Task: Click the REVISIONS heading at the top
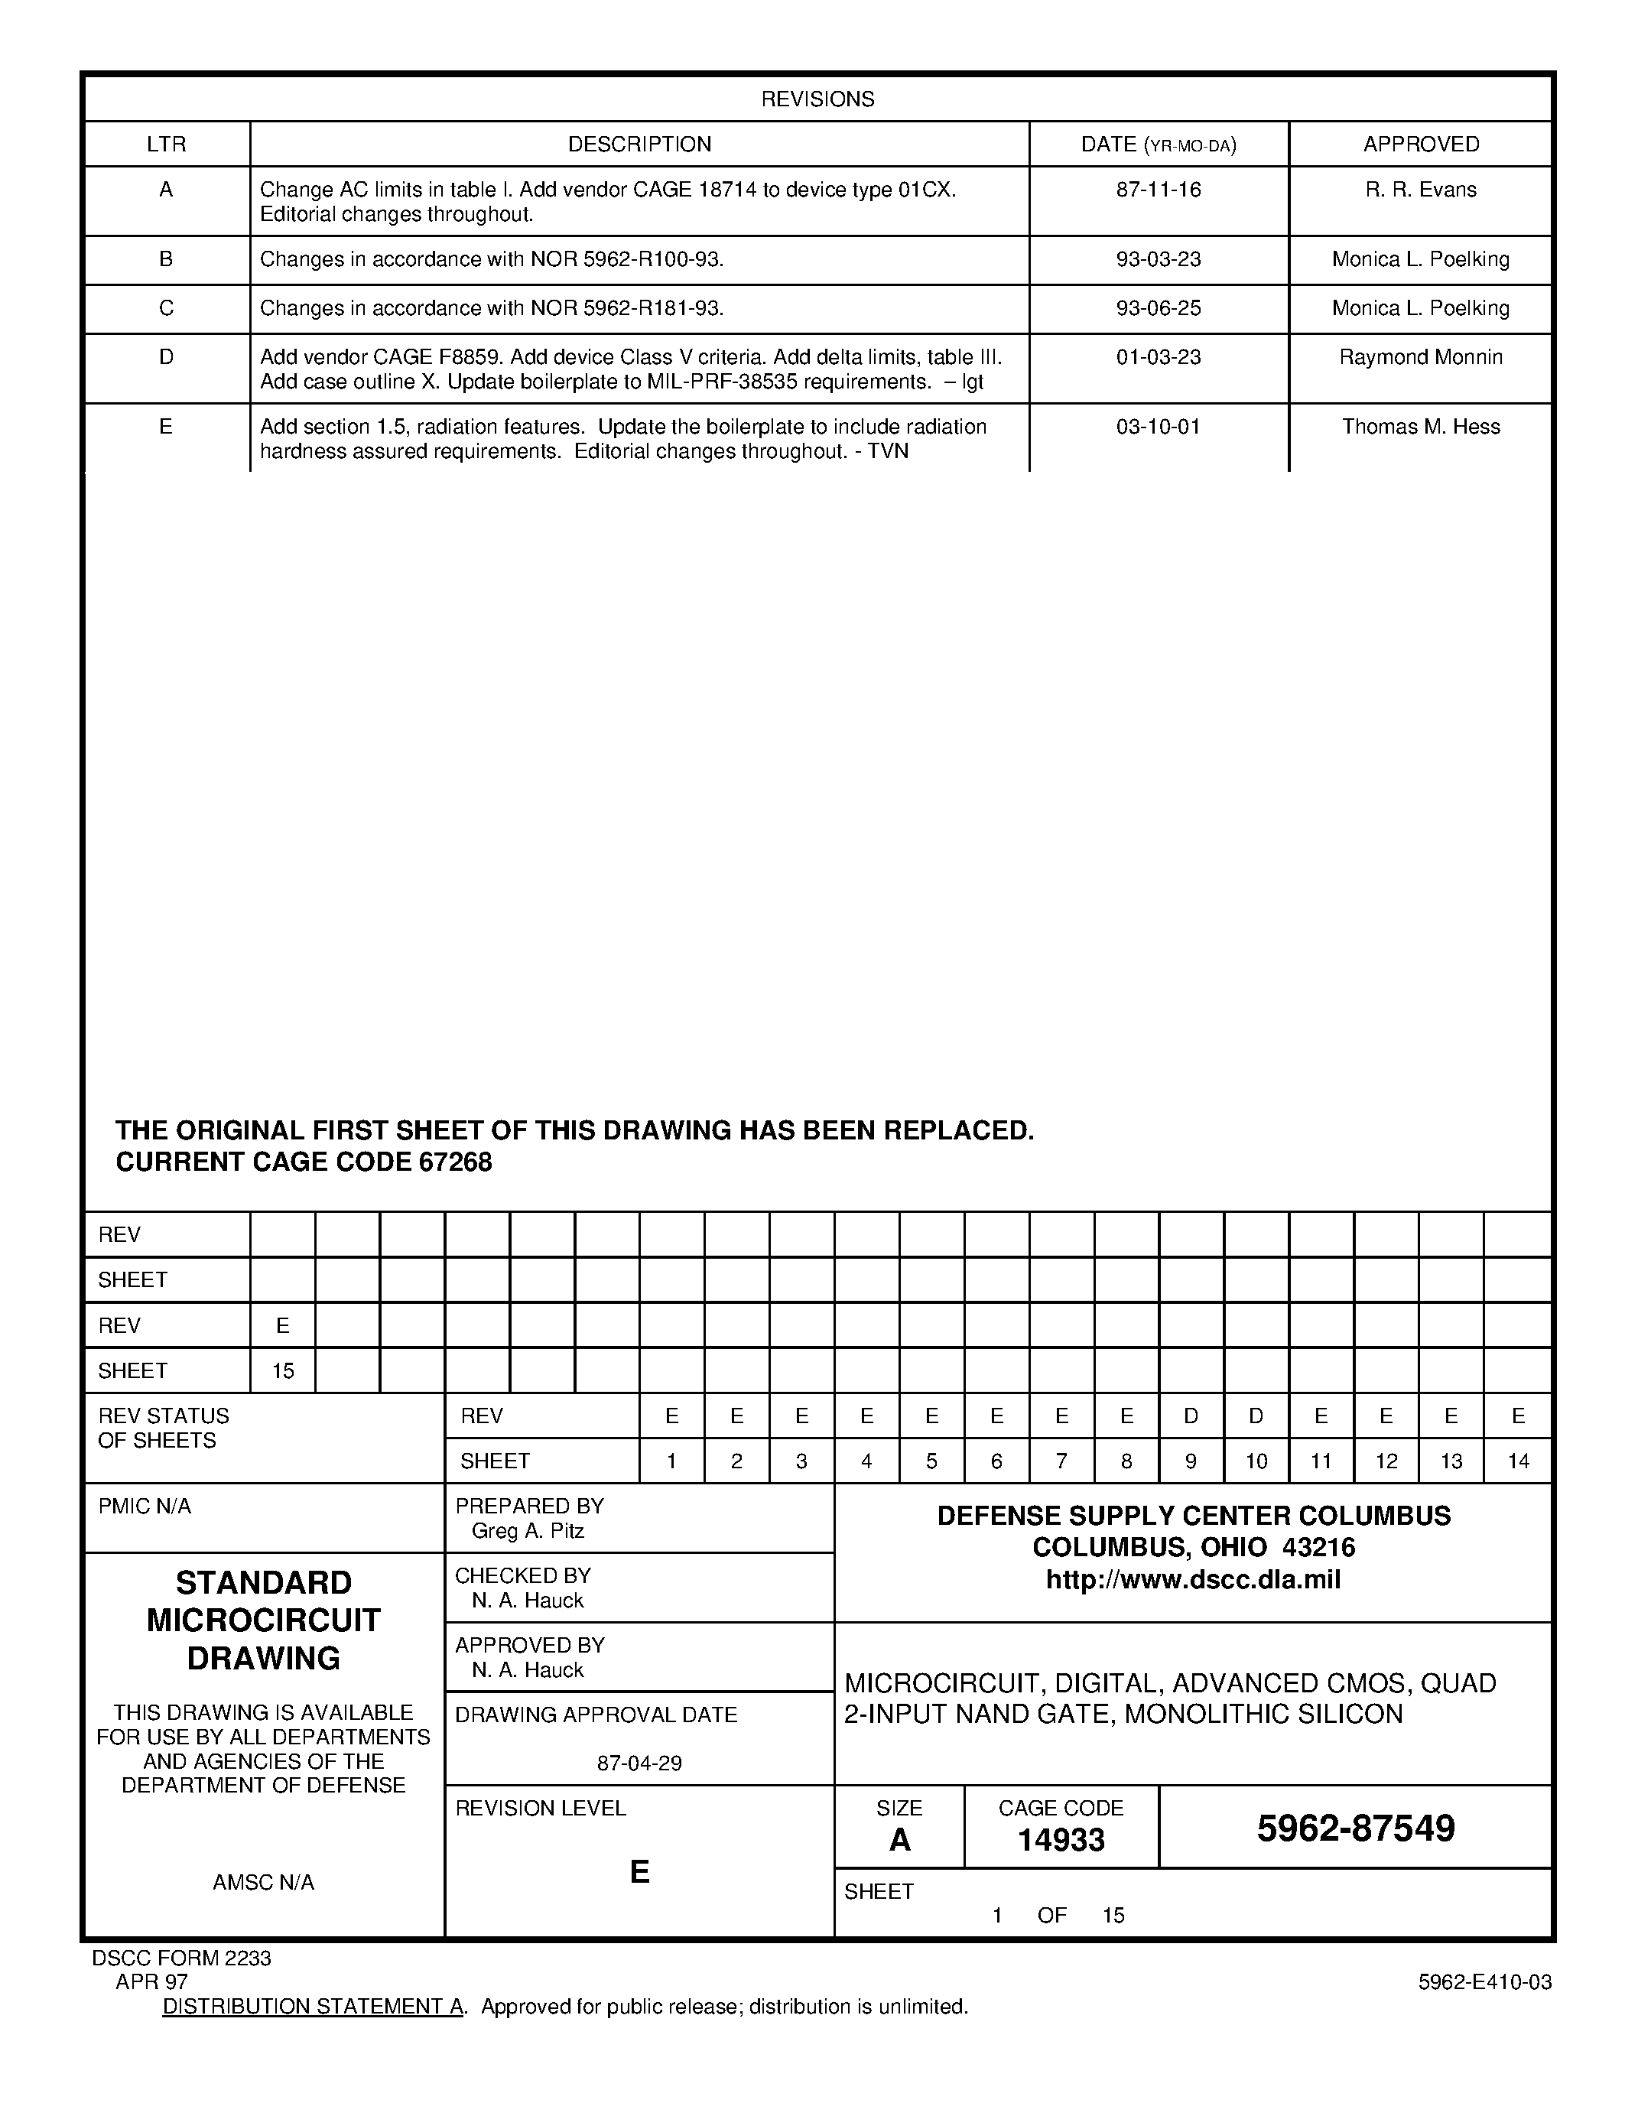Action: tap(817, 99)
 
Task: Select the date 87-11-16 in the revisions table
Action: tap(1158, 190)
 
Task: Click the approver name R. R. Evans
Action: tap(1420, 190)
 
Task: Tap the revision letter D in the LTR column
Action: tap(166, 357)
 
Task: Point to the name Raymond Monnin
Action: tap(1420, 357)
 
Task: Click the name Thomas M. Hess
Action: tap(1420, 427)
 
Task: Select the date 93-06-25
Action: tap(1158, 308)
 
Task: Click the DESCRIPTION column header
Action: tap(639, 145)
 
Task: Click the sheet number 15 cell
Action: tap(282, 1370)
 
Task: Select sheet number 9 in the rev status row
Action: tap(1191, 1461)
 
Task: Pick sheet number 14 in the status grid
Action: tap(1517, 1461)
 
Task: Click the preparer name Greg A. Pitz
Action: tap(528, 1531)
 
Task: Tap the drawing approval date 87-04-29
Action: tap(639, 1763)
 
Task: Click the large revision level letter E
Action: tap(639, 1871)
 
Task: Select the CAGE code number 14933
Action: tap(1061, 1840)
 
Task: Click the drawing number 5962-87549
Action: tap(1356, 1828)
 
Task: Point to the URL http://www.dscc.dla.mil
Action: tap(1193, 1580)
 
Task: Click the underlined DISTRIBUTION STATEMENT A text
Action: tap(314, 2007)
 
